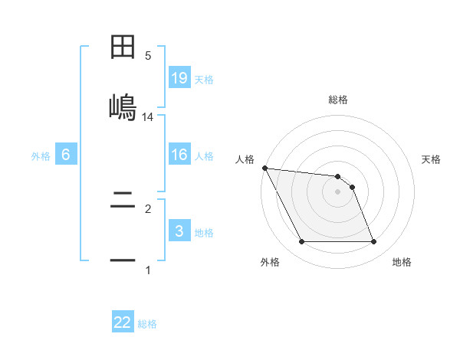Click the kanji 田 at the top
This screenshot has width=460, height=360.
pos(123,47)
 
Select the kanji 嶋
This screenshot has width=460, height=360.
pos(123,104)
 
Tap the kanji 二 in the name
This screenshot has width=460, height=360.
pos(123,202)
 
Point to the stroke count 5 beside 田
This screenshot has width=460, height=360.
pos(148,56)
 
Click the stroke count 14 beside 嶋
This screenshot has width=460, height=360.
pos(148,117)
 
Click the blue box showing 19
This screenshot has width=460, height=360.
pos(179,77)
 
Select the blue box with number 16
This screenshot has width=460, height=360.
pos(179,155)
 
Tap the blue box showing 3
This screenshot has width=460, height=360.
pos(179,231)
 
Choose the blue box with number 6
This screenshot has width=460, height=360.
pos(66,155)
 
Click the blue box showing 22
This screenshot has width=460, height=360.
pos(123,322)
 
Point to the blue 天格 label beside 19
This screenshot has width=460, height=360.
pos(204,80)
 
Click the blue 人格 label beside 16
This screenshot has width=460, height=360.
pos(204,156)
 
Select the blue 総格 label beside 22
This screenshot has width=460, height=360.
pos(147,324)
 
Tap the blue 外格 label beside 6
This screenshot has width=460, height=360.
pos(41,156)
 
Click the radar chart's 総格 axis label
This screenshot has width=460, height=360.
pos(338,100)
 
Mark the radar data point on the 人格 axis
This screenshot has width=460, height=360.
pos(264,168)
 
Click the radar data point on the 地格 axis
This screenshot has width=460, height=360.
pos(373,242)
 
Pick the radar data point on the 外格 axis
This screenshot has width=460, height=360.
pos(302,242)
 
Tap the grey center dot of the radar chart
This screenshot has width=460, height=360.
pos(338,191)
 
